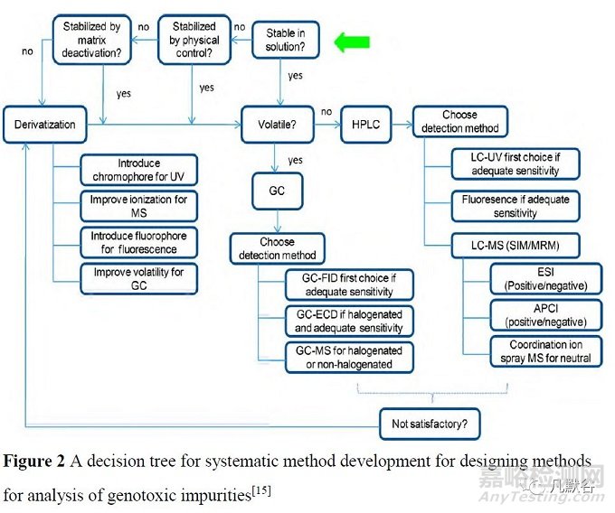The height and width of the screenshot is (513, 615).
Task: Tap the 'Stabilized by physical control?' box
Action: click(x=194, y=41)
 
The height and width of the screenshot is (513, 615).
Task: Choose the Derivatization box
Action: click(x=45, y=125)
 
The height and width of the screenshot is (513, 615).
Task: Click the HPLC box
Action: click(x=366, y=124)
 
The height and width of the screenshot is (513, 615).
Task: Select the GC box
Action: click(x=277, y=192)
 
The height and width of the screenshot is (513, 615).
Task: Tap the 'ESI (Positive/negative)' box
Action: click(x=544, y=279)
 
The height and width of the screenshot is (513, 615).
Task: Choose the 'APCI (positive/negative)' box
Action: click(x=544, y=315)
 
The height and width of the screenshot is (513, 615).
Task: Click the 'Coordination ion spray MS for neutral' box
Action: click(x=544, y=351)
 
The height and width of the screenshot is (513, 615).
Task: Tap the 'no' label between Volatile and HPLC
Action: click(x=326, y=112)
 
